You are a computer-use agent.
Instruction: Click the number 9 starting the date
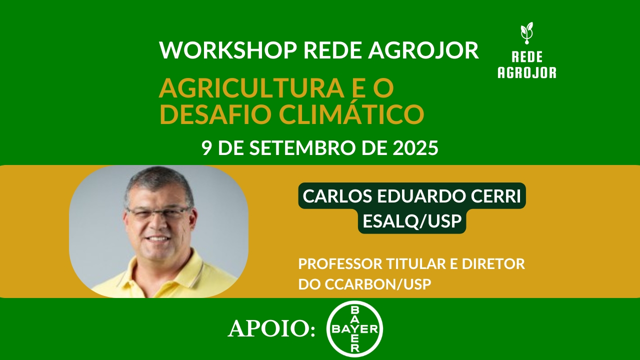(x=205, y=148)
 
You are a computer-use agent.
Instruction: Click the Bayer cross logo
(x=354, y=328)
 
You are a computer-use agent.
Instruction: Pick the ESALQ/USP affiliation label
(x=412, y=221)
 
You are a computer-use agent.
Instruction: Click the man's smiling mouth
(x=158, y=239)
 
